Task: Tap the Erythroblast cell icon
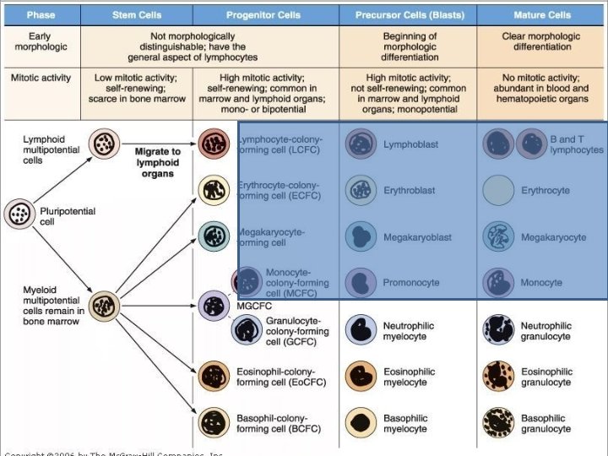click(361, 191)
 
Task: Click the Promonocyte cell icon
click(361, 283)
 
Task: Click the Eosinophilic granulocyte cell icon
click(499, 377)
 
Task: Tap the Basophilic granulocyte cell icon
click(499, 423)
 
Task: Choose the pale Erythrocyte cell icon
click(499, 191)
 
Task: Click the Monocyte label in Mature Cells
click(540, 283)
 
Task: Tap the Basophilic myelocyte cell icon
click(361, 423)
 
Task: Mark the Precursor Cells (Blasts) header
click(410, 15)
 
